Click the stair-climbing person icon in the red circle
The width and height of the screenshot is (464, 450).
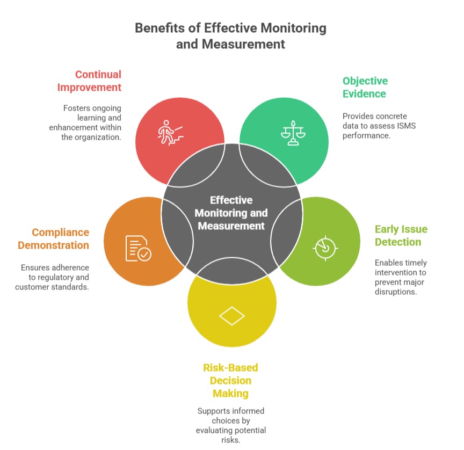pos(170,132)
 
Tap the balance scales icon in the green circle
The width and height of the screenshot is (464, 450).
pos(292,132)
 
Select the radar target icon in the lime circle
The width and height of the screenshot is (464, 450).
pos(325,246)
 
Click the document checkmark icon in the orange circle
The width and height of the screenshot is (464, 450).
pos(138,248)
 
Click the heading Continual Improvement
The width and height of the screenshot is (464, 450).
pos(98,81)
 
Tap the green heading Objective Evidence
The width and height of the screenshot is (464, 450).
pos(365,87)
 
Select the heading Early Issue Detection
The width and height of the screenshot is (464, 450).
pos(401,235)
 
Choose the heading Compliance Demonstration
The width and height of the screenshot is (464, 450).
pos(54,239)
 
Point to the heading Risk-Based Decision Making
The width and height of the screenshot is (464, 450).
pos(230,380)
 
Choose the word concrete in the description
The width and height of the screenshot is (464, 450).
pos(391,116)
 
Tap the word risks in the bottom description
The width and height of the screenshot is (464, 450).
pos(230,440)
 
